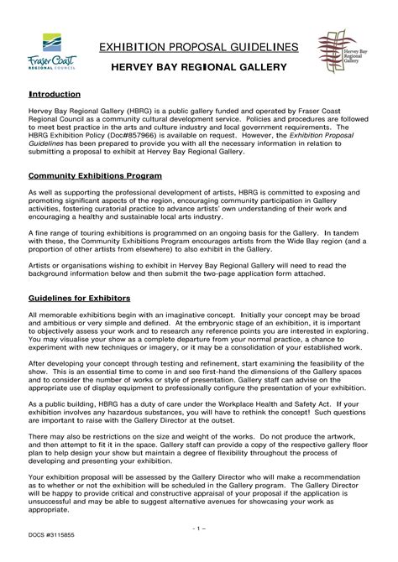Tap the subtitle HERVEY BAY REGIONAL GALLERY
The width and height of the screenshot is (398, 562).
(200, 65)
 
